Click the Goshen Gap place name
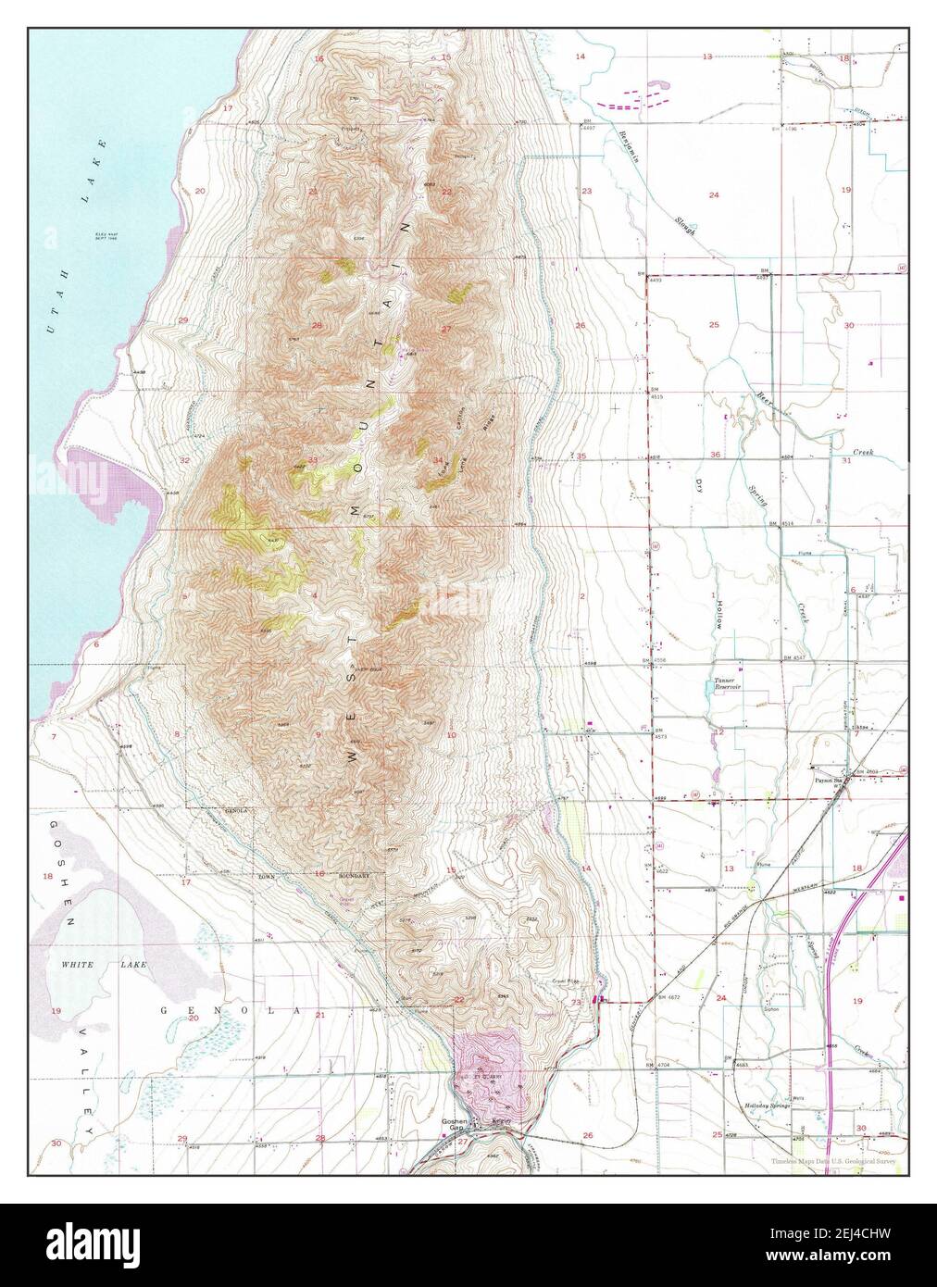point(453,1125)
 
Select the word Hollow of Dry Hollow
point(717,614)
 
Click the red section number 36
point(715,454)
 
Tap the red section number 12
point(718,731)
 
